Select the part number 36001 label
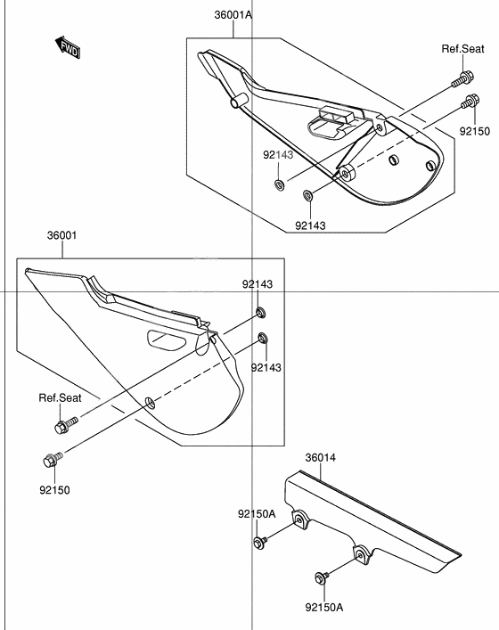(62, 236)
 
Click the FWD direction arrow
(68, 48)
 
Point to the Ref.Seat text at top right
(462, 49)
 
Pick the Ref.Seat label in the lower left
(60, 397)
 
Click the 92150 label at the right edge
(475, 131)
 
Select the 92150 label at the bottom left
(53, 489)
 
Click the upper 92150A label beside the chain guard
(256, 514)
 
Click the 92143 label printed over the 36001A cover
(277, 154)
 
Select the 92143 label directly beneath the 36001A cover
(312, 225)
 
